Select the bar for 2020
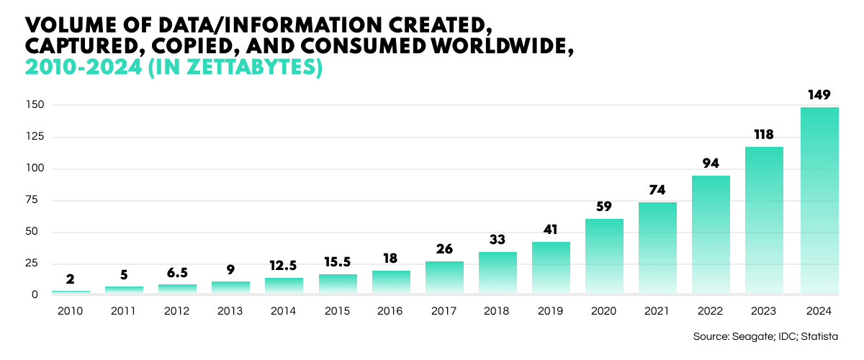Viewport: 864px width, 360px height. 604,256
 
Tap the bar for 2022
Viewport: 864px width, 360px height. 711,235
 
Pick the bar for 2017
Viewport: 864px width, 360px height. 444,277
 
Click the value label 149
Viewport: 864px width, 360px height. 819,94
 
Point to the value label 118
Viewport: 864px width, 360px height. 764,134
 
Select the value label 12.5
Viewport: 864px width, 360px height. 284,265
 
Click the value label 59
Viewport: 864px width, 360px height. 604,206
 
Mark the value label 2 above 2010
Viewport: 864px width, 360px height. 70,279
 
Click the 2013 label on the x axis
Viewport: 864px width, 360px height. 230,312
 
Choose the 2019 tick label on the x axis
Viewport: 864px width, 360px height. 551,312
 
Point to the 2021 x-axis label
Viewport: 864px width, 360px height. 657,312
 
